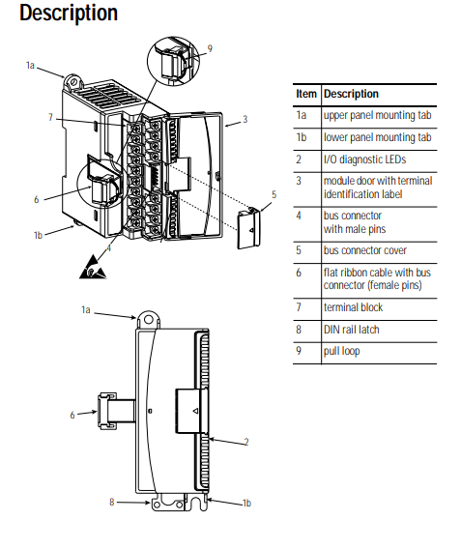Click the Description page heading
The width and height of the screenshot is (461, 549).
(x=69, y=13)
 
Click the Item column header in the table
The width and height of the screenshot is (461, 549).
(x=306, y=94)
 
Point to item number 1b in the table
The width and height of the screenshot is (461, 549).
(x=301, y=137)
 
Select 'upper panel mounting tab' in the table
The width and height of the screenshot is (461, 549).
(x=377, y=116)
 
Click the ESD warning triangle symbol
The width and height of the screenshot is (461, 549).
(x=92, y=268)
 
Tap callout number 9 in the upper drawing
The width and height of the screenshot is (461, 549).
(x=210, y=48)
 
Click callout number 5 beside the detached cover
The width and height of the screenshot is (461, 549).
(x=274, y=195)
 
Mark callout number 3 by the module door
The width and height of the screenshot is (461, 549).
(x=245, y=120)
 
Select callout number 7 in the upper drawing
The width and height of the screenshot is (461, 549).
(x=50, y=117)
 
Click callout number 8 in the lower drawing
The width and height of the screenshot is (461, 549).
(x=112, y=502)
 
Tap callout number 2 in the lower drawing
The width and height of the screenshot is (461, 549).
(x=246, y=443)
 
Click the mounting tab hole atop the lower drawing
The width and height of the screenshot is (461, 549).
(x=149, y=319)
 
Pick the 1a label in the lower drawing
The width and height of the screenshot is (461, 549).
(x=86, y=310)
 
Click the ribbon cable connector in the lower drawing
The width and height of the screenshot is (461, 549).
(x=107, y=411)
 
